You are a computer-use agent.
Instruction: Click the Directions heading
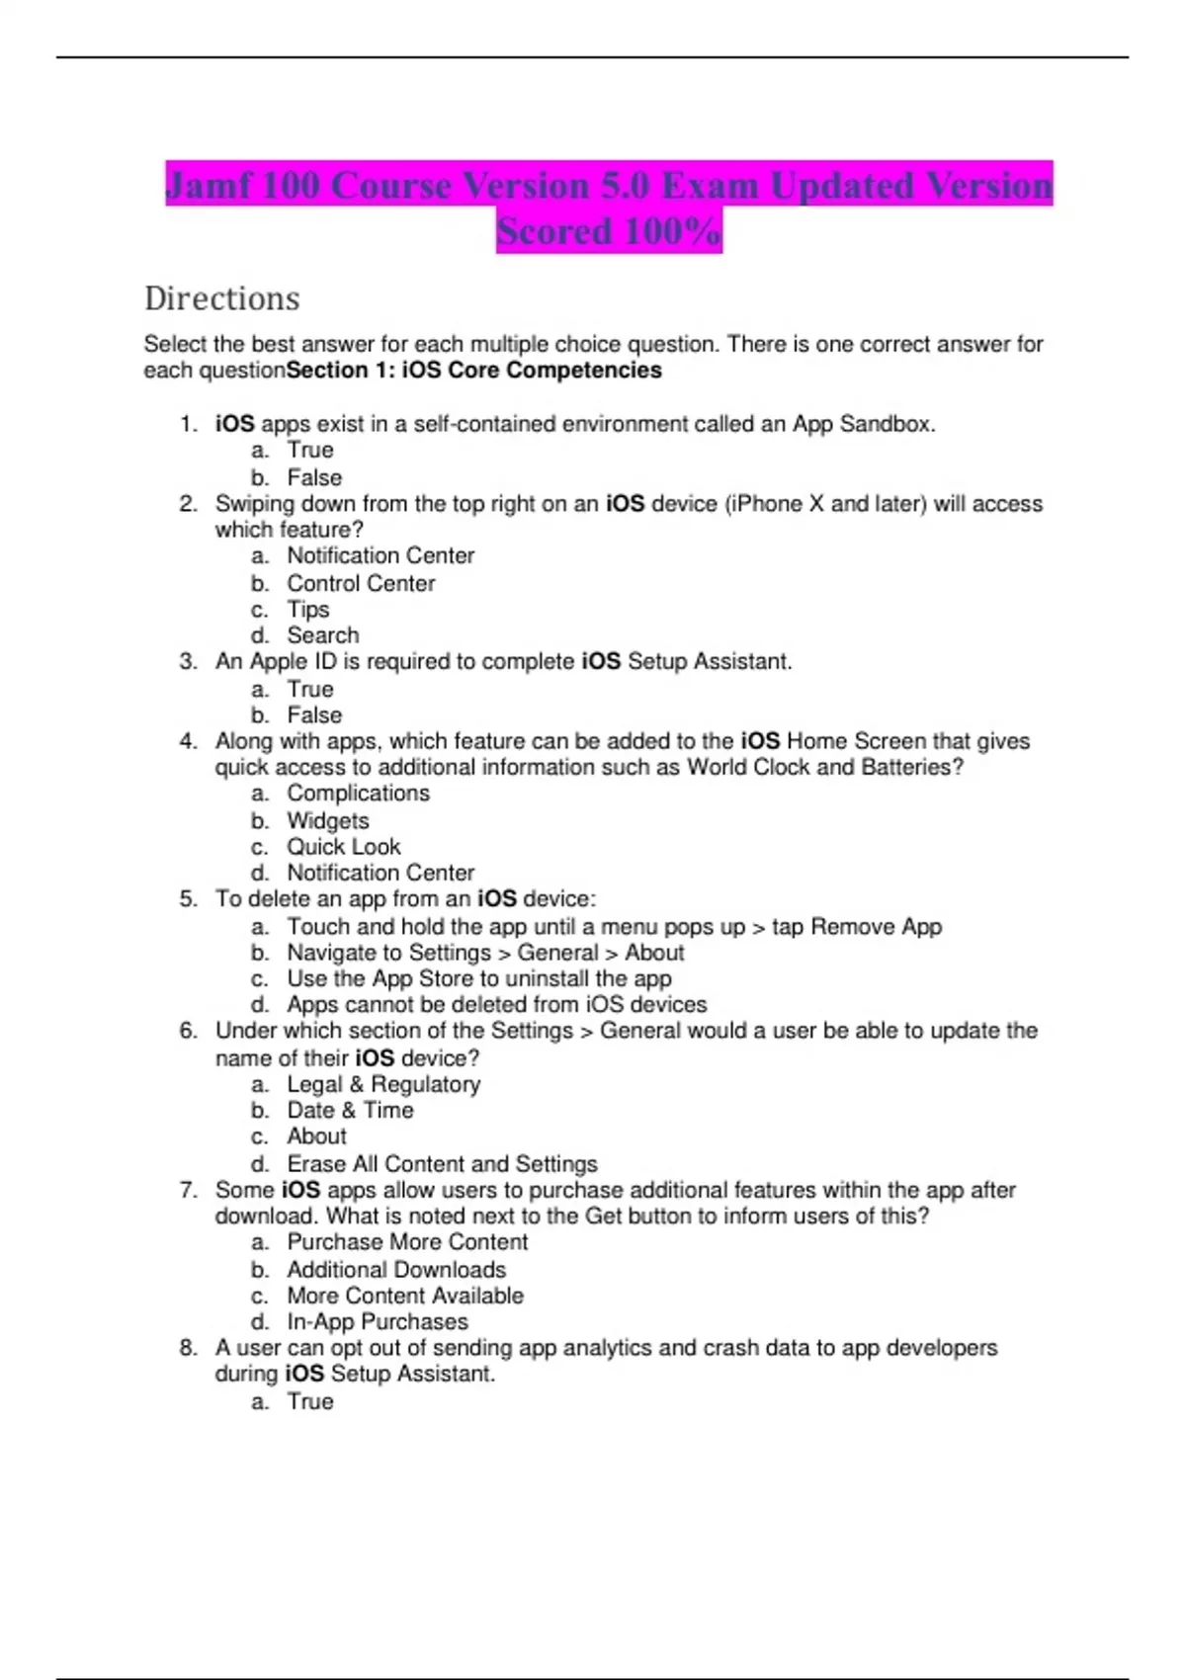221,298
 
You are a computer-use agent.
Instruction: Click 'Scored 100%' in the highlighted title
609,231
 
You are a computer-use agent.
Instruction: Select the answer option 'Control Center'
361,583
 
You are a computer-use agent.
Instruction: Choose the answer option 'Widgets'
327,820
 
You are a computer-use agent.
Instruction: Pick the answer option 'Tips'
307,610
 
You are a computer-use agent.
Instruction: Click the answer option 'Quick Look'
343,847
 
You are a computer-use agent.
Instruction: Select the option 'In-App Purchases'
377,1321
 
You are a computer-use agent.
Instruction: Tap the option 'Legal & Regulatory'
383,1084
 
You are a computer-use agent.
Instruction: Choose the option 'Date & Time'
350,1110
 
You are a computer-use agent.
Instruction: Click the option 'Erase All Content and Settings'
442,1163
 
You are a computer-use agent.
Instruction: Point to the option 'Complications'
358,794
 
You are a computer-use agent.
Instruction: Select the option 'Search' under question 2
322,635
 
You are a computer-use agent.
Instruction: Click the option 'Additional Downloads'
396,1269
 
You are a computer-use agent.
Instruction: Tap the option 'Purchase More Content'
407,1242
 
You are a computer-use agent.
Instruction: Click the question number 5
188,899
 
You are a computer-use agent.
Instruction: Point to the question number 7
188,1190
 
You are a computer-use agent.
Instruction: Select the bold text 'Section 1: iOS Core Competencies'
473,371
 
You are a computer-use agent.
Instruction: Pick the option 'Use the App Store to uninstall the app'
479,978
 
